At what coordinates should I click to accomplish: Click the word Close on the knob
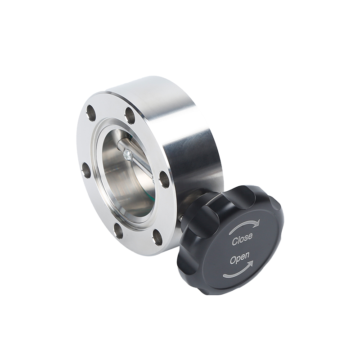tap(242, 239)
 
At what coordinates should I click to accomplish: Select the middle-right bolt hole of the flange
tap(164, 178)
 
